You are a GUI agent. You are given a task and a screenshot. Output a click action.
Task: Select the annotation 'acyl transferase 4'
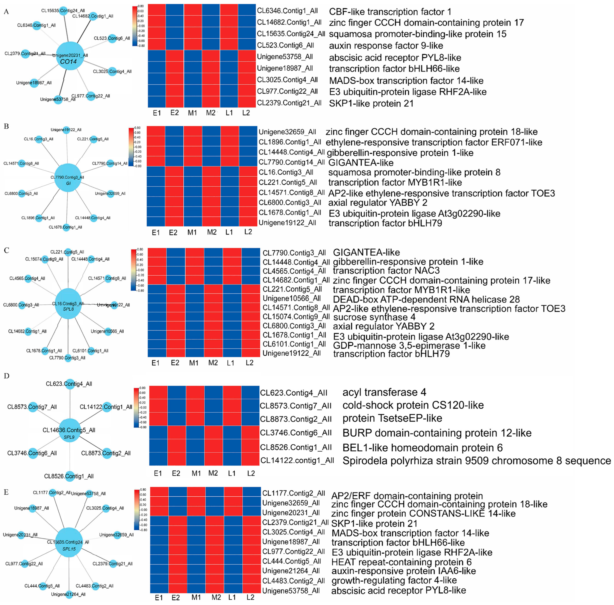pos(384,392)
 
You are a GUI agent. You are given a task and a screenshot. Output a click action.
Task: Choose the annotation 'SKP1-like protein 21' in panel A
pos(371,104)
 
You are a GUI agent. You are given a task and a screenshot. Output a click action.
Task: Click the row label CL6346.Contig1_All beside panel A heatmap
pos(287,11)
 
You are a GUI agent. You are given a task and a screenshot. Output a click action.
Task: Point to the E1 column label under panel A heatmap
pos(157,113)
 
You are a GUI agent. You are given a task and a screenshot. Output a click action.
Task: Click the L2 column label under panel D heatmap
pos(251,473)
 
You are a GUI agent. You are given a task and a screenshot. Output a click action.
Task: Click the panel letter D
pos(6,376)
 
